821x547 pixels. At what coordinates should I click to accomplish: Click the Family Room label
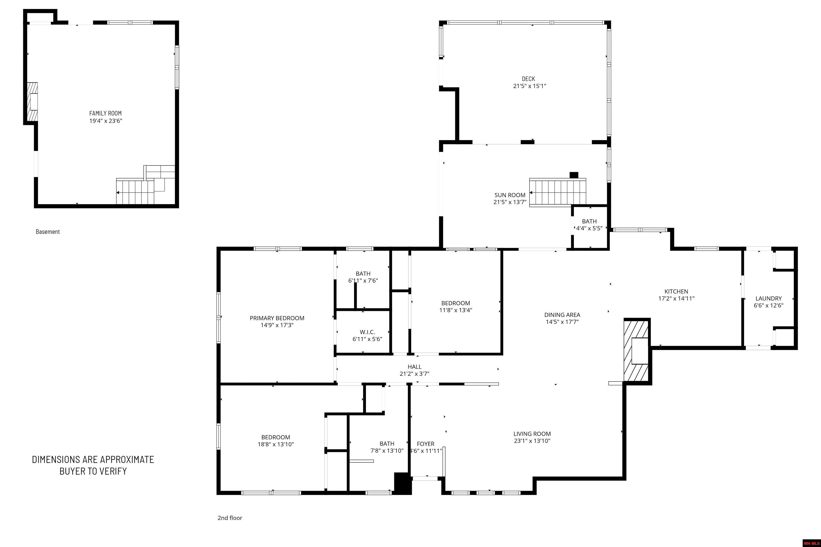point(105,114)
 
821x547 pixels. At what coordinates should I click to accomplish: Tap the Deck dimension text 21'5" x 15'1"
point(529,86)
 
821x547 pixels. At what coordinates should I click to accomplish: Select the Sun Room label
point(510,195)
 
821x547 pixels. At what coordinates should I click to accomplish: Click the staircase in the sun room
point(557,193)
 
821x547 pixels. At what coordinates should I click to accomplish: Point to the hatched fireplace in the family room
point(33,102)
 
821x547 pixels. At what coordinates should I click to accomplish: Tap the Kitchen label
point(676,292)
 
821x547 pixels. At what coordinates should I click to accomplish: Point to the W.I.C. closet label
point(367,332)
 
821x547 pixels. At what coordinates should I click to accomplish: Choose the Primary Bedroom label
point(277,318)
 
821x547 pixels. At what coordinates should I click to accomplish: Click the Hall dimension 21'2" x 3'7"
point(414,374)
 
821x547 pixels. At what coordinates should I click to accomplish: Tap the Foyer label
point(426,444)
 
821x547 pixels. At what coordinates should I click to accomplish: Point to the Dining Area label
point(562,315)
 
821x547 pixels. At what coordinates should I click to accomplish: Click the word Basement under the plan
point(47,232)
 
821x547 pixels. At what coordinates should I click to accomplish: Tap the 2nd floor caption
point(230,518)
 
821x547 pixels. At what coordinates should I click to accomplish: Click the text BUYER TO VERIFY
point(93,471)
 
